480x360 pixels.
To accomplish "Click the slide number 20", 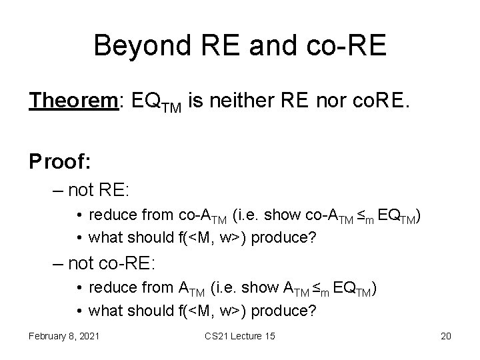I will pyautogui.click(x=445, y=335).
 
